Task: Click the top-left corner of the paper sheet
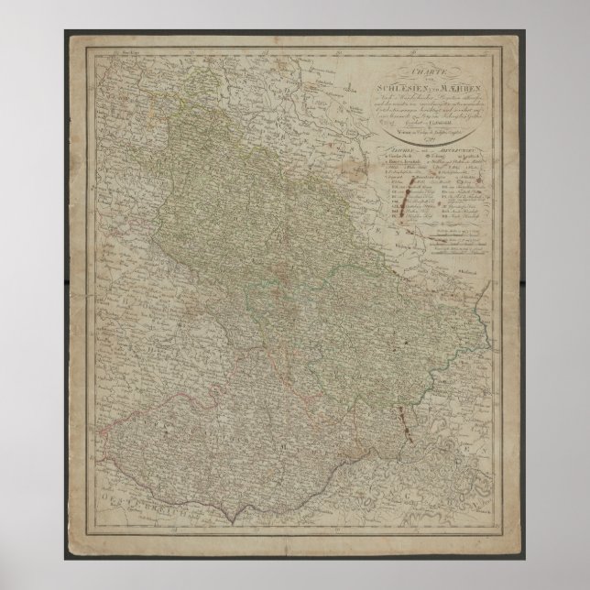coord(65,32)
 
